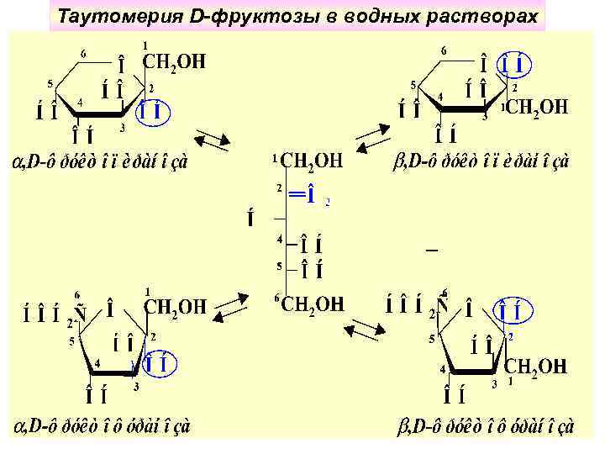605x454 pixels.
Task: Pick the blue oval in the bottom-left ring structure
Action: point(158,364)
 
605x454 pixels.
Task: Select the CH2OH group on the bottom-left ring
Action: point(176,307)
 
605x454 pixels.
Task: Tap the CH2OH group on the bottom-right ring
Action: point(536,367)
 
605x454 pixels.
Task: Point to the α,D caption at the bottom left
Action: point(101,427)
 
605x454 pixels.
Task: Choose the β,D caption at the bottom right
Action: point(485,427)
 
